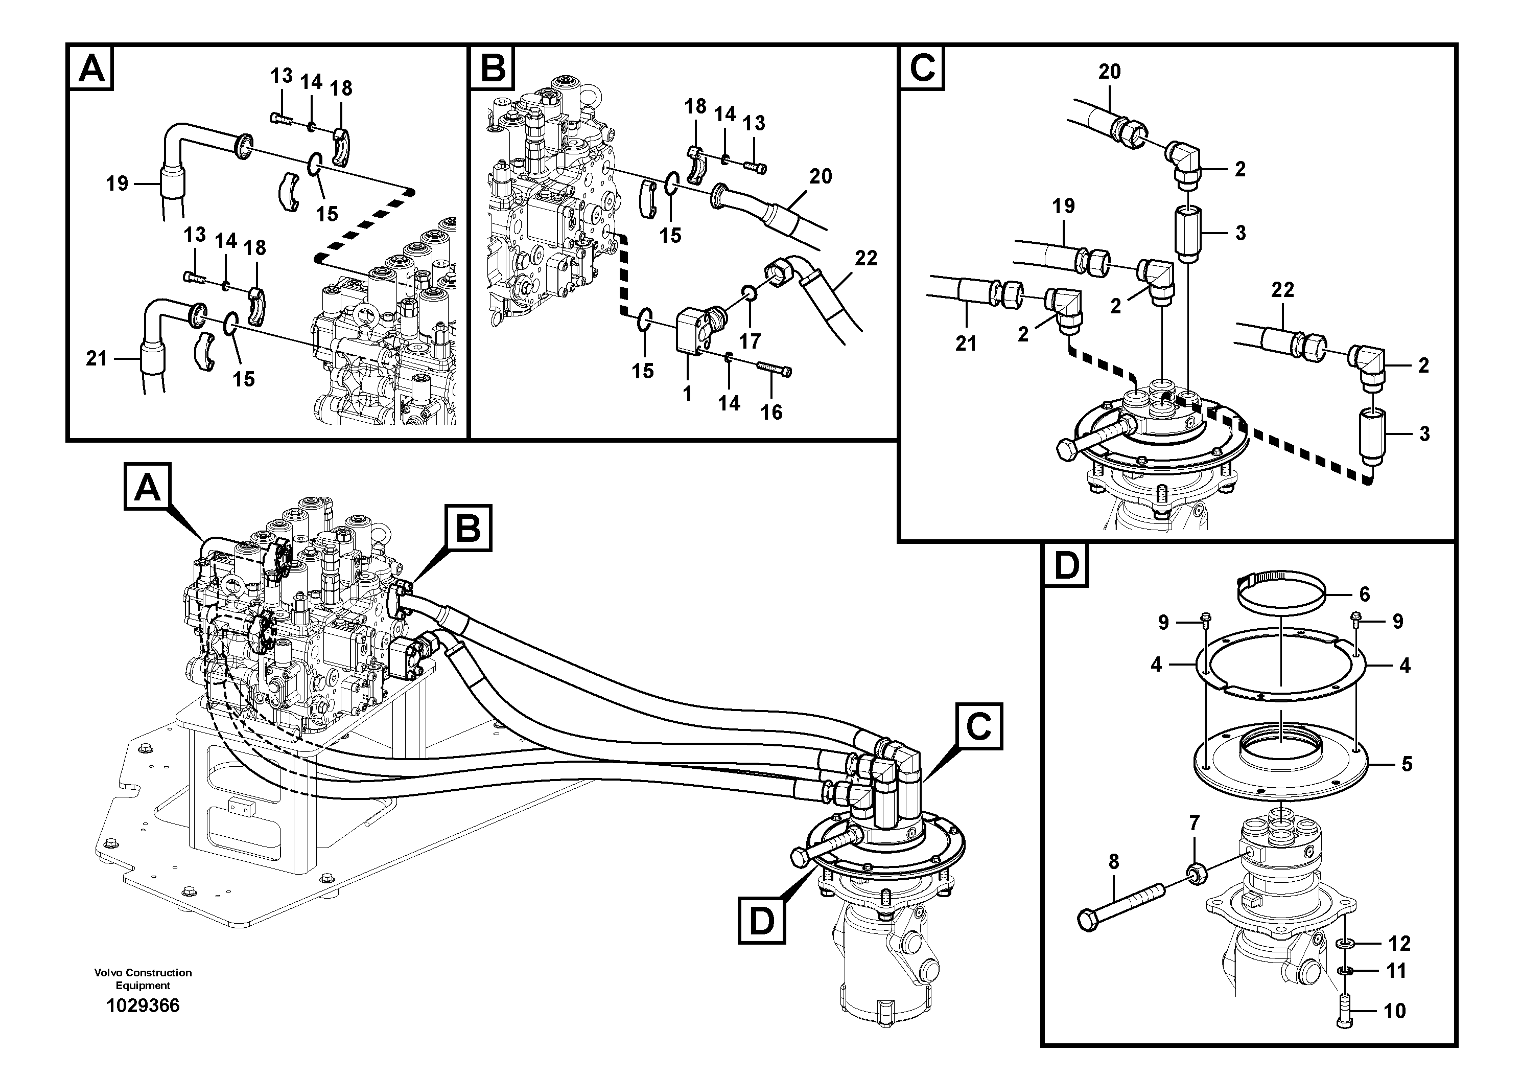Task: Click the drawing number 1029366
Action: coord(143,1006)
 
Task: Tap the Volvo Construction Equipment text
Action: coord(143,978)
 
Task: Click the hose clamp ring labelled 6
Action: coord(1282,592)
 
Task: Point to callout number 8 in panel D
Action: coord(1114,862)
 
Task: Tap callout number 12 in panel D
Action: coord(1399,943)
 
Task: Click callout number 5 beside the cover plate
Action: coord(1407,764)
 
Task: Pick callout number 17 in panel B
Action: coord(750,341)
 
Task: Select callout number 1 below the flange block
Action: coord(687,394)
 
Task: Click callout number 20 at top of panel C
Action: coord(1110,72)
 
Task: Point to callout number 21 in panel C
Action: coord(965,344)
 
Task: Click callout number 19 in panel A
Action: coord(117,183)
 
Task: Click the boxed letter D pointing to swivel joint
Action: coord(761,921)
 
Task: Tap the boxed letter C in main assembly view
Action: coord(978,727)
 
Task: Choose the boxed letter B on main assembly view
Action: coord(469,528)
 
